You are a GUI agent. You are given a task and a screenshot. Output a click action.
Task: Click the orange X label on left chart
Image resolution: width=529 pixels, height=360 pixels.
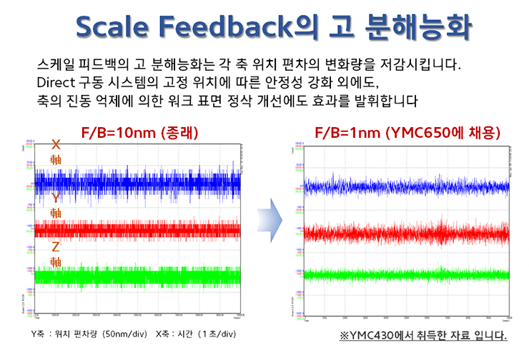(x=56, y=144)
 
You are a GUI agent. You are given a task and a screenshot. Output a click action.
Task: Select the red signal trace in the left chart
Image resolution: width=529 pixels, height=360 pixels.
(x=136, y=229)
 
